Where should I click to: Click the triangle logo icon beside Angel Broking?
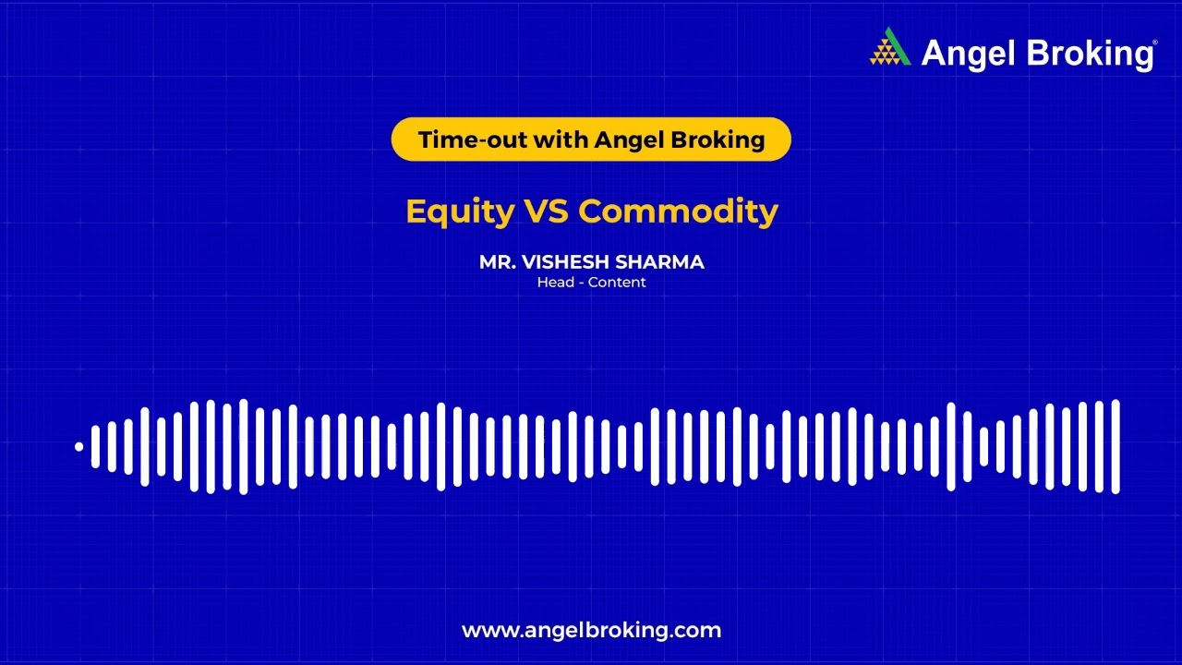tap(890, 47)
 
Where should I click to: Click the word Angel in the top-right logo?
tap(969, 54)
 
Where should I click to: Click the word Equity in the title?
tap(460, 212)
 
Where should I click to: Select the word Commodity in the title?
tap(678, 212)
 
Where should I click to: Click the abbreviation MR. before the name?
tap(497, 262)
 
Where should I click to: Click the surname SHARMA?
tap(659, 262)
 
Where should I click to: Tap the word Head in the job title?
tap(556, 283)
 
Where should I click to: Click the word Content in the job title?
tap(617, 283)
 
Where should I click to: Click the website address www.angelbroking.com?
tap(591, 631)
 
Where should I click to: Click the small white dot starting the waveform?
tap(79, 447)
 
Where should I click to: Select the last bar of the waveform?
tap(1116, 447)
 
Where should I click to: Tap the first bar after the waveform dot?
tap(95, 447)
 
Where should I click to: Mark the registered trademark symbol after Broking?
tap(1155, 42)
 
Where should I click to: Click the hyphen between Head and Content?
tap(581, 284)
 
